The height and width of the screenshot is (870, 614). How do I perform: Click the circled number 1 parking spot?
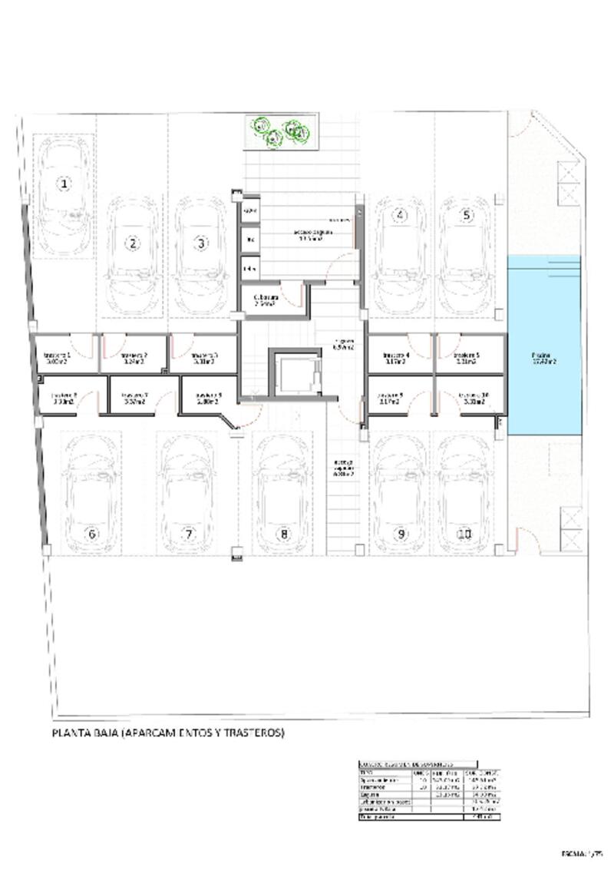click(x=64, y=184)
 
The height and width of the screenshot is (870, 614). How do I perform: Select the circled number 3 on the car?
click(x=200, y=243)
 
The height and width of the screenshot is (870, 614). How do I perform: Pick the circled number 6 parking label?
click(x=92, y=534)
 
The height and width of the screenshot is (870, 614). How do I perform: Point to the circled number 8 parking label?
click(x=283, y=534)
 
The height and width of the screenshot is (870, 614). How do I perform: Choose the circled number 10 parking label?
click(x=464, y=534)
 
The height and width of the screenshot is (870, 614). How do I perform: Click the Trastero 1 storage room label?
click(x=58, y=356)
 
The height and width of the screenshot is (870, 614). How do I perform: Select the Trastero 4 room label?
click(x=397, y=356)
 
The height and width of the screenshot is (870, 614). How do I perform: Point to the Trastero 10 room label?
click(x=470, y=398)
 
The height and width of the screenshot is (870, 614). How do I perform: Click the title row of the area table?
click(x=418, y=765)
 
